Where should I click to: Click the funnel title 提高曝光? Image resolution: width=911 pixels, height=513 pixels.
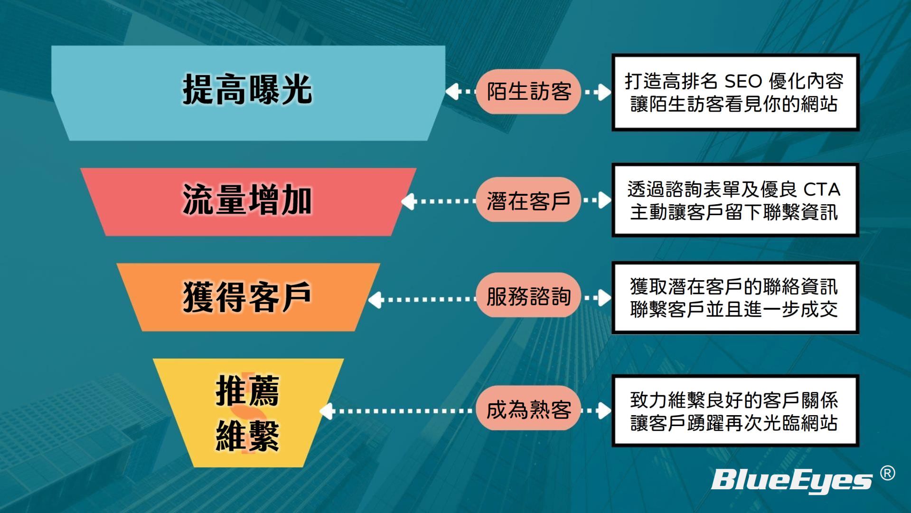(247, 89)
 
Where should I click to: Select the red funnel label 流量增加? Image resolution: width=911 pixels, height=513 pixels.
(247, 200)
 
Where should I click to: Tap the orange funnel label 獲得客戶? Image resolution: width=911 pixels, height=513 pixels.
(247, 297)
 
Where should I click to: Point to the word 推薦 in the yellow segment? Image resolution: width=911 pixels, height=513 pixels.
(247, 390)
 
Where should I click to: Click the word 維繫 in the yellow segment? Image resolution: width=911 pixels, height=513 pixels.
(247, 435)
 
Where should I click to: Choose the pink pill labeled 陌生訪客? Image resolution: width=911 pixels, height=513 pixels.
(529, 91)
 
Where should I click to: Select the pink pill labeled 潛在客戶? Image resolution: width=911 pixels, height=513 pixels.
(529, 200)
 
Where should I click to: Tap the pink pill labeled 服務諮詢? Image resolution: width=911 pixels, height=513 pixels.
(529, 297)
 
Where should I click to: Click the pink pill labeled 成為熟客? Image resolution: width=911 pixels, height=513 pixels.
(529, 409)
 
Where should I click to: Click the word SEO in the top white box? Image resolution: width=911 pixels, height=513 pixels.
(743, 81)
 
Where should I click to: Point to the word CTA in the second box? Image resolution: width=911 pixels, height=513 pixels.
(822, 190)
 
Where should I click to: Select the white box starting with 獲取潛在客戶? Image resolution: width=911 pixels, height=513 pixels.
(734, 298)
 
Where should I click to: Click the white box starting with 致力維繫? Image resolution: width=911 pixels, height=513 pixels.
(734, 411)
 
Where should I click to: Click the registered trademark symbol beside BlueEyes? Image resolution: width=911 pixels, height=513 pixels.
(887, 473)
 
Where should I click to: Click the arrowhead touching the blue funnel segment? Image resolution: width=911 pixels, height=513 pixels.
(452, 91)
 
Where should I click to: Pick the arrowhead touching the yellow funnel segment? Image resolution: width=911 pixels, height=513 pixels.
(327, 411)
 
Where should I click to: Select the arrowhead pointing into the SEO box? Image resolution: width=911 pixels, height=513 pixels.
(604, 92)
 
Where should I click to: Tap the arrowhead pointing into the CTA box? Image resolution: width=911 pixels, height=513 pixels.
(604, 200)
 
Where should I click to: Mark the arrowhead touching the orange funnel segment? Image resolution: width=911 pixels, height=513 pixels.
(376, 299)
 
